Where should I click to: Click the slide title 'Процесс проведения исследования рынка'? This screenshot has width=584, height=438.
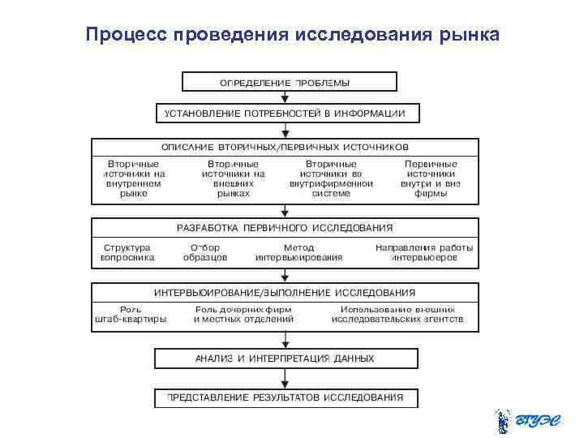[x=292, y=35]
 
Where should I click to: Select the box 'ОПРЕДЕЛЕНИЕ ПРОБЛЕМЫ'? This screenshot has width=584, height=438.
[x=289, y=82]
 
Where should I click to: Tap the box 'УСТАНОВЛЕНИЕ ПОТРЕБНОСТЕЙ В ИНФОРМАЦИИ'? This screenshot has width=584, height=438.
[x=286, y=113]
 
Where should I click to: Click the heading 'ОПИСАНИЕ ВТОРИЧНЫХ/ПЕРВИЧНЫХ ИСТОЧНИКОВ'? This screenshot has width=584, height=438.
[x=285, y=148]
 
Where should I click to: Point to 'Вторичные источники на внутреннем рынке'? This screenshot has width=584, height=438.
[x=134, y=178]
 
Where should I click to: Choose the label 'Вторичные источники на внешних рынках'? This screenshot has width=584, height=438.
[x=234, y=178]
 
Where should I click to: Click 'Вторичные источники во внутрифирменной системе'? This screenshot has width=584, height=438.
[x=331, y=178]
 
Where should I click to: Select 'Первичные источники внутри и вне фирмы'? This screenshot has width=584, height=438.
[x=431, y=178]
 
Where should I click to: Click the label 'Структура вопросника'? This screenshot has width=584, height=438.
[x=127, y=252]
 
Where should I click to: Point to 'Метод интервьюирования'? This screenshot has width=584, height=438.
[x=298, y=252]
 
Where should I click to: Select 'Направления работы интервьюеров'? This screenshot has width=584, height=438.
[x=424, y=252]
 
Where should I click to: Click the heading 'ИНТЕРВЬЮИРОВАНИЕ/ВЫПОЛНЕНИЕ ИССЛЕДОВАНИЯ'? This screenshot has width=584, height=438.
[x=285, y=292]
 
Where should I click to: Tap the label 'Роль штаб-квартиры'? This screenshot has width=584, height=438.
[x=131, y=315]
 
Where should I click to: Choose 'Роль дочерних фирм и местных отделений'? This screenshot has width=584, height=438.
[x=243, y=315]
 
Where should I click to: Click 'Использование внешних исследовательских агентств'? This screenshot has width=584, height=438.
[x=397, y=315]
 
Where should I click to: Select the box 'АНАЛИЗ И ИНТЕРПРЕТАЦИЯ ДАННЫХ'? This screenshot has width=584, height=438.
[x=285, y=358]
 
